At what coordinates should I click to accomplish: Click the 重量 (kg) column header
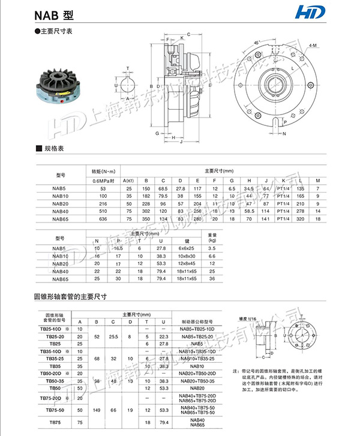tap(211, 237)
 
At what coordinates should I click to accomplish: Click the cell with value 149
tap(96, 410)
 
